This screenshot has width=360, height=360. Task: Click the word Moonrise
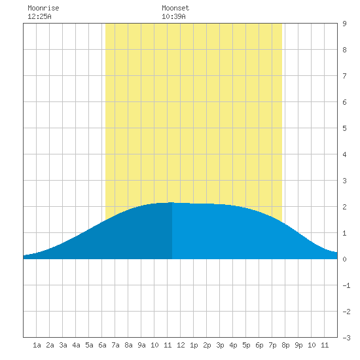coord(43,8)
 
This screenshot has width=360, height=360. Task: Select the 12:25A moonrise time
coord(39,16)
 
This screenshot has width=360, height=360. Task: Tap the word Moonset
coord(175,8)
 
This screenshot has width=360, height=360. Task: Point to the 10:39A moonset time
coord(173,16)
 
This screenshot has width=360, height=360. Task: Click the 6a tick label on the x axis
coord(102,345)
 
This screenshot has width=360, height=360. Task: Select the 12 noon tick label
coord(181,345)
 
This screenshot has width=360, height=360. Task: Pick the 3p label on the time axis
coord(220,345)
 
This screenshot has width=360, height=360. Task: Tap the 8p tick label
coord(285,345)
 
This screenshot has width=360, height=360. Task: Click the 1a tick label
coord(37,345)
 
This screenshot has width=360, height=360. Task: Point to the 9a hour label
coord(141,345)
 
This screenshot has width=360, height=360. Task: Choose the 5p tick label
coord(246,345)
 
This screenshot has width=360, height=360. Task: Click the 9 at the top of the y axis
coord(344,24)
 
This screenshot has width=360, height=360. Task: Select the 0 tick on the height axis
coord(344,259)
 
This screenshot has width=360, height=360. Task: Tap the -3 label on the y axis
coord(346,338)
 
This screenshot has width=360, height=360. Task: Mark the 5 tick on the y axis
coord(344,128)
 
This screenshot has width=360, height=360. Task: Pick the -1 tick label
coord(346,285)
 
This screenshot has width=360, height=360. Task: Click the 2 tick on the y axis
coord(344,207)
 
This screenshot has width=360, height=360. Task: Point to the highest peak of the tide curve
coord(171,202)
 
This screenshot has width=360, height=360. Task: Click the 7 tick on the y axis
coord(344,76)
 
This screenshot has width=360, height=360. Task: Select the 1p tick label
coord(194,345)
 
